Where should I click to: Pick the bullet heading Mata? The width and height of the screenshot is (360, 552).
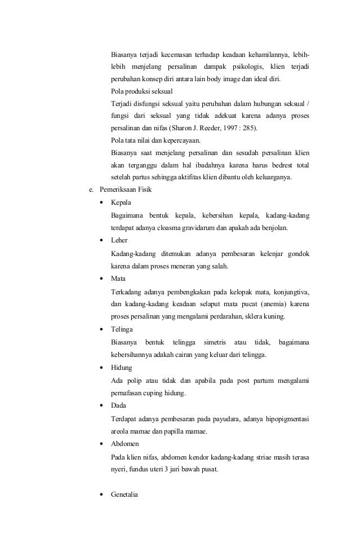[x=118, y=279]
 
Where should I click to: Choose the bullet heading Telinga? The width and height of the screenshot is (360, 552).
[x=122, y=329]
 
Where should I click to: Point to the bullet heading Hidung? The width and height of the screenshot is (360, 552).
[x=122, y=368]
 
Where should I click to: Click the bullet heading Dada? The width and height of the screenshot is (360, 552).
[x=119, y=405]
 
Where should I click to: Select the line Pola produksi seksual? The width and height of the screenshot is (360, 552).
[x=141, y=90]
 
